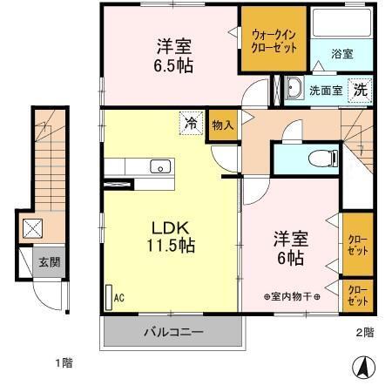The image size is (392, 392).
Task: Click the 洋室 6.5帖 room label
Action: [174, 55]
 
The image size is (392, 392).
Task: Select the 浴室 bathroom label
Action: [341, 53]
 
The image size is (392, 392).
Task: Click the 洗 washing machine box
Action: [359, 88]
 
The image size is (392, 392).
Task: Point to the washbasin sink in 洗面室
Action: [294, 88]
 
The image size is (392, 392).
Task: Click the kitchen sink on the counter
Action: [159, 166]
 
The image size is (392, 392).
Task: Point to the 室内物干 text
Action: [292, 297]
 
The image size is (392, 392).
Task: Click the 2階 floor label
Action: [364, 332]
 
